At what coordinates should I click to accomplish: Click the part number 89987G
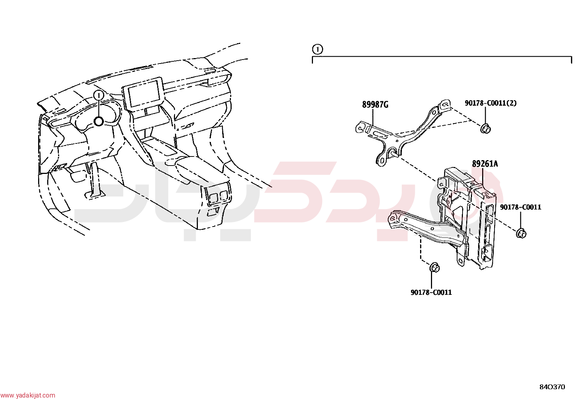click(x=375, y=105)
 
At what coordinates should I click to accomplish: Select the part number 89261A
click(x=485, y=164)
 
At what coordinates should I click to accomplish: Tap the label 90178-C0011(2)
click(x=491, y=103)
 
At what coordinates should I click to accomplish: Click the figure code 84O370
click(x=552, y=387)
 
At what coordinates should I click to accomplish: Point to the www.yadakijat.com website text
click(x=28, y=395)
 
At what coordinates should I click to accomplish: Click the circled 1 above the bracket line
click(x=317, y=49)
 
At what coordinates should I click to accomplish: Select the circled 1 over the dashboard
click(x=98, y=95)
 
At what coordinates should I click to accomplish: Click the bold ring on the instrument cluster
click(x=98, y=121)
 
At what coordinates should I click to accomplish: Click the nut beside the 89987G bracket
click(x=485, y=128)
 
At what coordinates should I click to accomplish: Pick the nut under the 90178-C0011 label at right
click(x=521, y=233)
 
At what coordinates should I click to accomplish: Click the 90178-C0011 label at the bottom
click(x=431, y=292)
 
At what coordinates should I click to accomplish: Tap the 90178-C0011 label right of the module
click(x=521, y=207)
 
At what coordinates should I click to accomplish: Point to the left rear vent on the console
click(x=213, y=197)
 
